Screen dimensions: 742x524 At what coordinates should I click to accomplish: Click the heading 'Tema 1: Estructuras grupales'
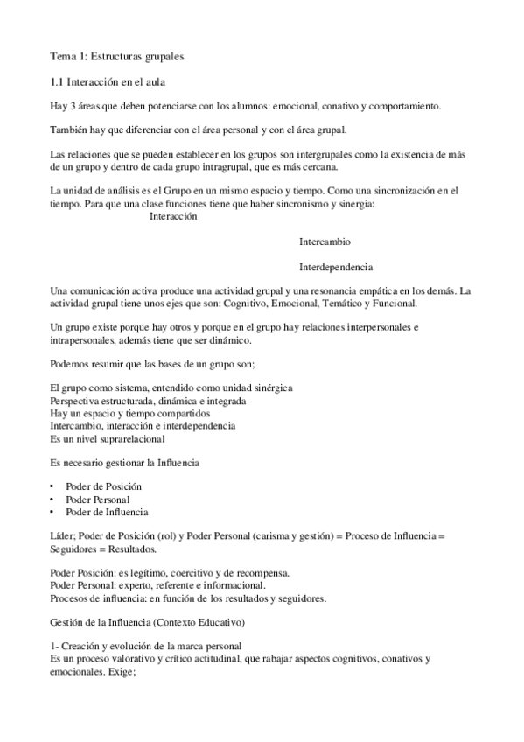pyautogui.click(x=116, y=57)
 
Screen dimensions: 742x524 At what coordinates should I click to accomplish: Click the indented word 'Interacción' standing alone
pyautogui.click(x=175, y=217)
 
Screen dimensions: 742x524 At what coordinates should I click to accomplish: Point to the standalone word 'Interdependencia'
pyautogui.click(x=336, y=266)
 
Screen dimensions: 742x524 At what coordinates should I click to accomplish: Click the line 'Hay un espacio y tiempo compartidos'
pyautogui.click(x=129, y=413)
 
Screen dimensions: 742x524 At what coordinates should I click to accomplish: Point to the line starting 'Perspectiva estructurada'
pyautogui.click(x=148, y=401)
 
